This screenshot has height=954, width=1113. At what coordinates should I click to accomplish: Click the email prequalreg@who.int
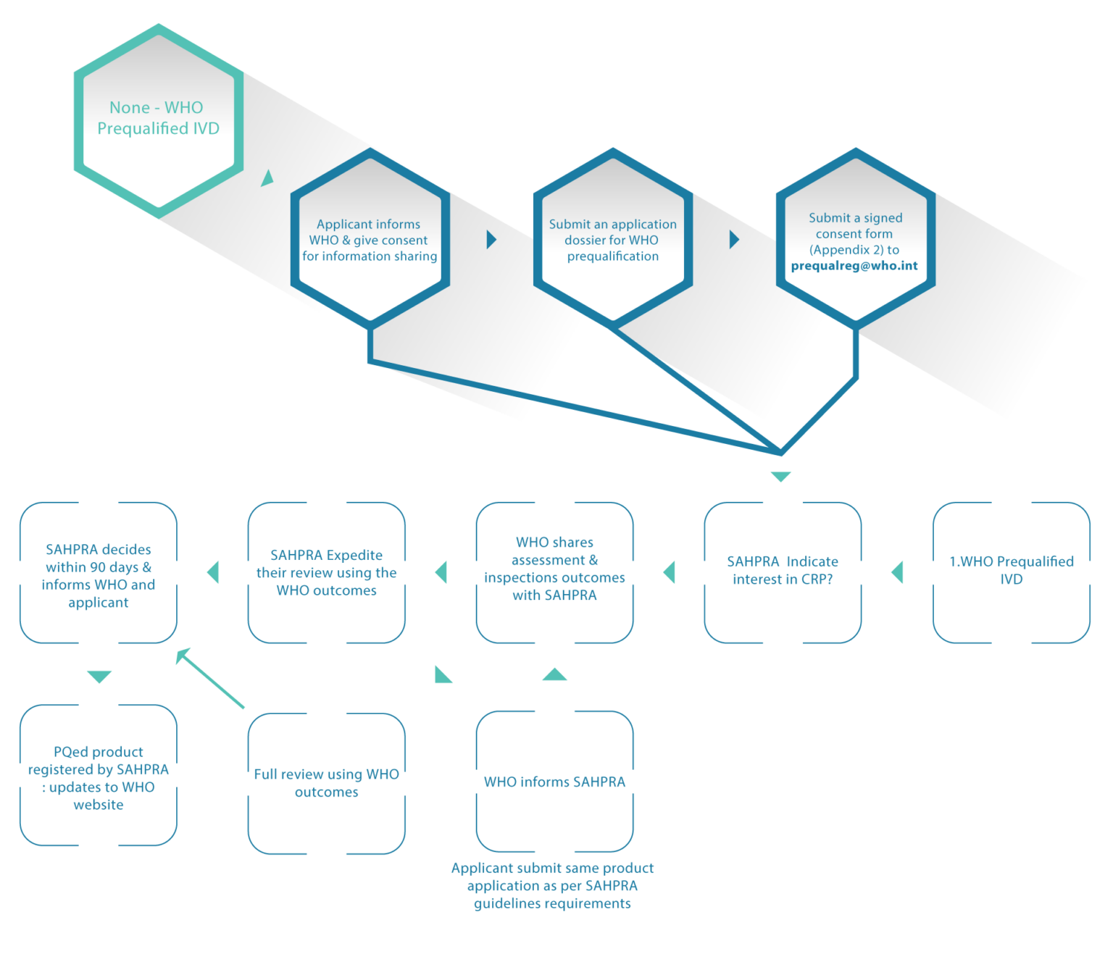[x=854, y=265]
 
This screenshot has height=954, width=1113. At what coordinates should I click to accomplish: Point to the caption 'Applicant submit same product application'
[x=552, y=886]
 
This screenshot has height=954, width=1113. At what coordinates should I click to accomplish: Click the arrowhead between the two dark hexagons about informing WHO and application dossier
[x=491, y=240]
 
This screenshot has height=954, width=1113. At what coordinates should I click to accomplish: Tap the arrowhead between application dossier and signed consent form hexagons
[x=734, y=240]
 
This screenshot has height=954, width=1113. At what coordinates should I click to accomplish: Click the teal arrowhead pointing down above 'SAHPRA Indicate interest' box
[x=781, y=477]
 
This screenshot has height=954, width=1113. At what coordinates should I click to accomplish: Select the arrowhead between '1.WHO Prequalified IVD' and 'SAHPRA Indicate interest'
[x=898, y=572]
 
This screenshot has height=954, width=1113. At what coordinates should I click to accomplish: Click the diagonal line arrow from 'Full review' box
[x=210, y=678]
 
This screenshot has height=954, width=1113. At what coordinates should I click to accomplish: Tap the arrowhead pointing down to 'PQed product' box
[x=99, y=677]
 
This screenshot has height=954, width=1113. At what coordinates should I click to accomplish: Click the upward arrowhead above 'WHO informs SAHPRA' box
[x=554, y=674]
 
